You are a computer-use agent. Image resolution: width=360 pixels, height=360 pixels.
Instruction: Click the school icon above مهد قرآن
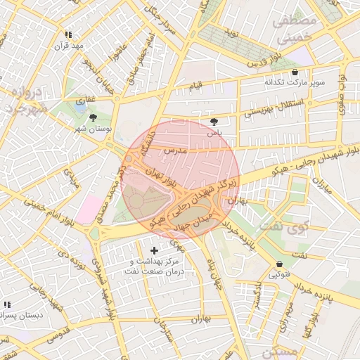pyautogui.click(x=68, y=34)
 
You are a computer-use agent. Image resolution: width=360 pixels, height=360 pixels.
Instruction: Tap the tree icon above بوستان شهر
pyautogui.click(x=94, y=117)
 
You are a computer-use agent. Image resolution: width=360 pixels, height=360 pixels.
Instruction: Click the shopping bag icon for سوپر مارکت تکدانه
pyautogui.click(x=294, y=72)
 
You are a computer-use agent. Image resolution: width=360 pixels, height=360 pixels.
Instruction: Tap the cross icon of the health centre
pyautogui.click(x=155, y=250)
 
